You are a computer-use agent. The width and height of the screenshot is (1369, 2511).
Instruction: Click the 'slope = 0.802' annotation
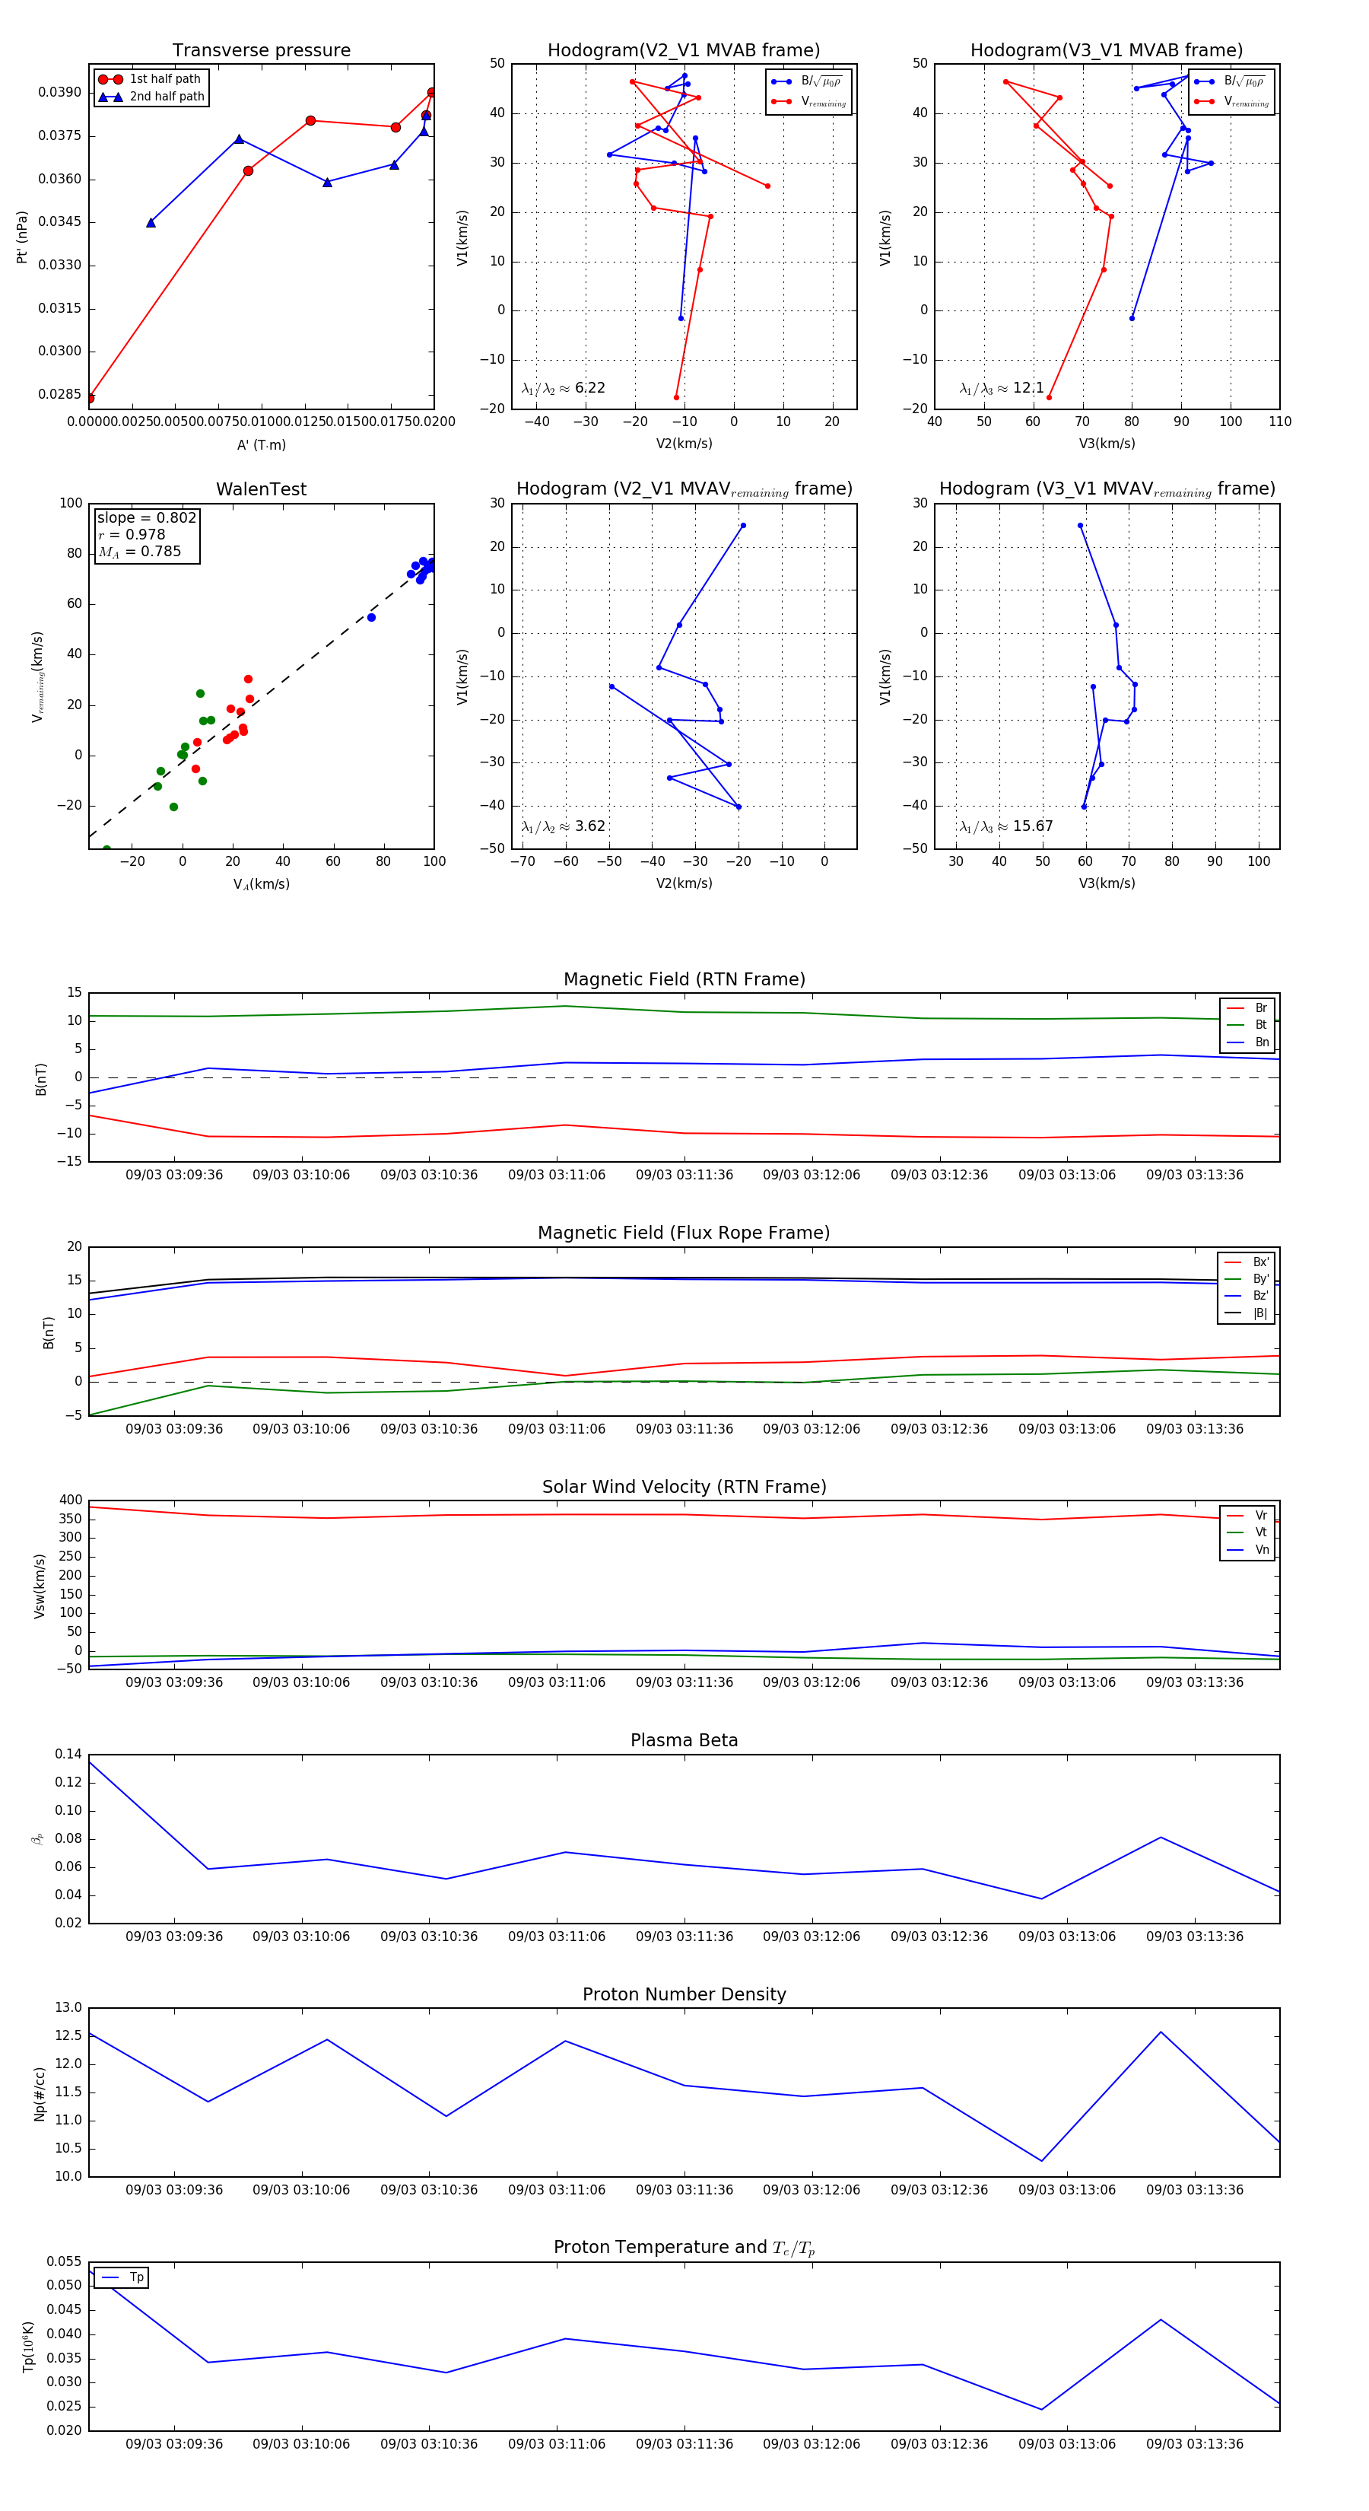pos(146,517)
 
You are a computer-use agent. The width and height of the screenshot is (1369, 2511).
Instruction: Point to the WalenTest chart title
pos(261,489)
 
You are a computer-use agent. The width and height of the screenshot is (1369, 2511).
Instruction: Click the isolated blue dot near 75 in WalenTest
pos(371,617)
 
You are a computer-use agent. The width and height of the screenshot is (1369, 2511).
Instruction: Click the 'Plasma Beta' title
pos(684,1741)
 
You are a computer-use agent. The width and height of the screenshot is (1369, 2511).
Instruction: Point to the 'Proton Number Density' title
pos(684,1994)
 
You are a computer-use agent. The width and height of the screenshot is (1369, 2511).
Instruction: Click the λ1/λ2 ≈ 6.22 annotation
pos(563,388)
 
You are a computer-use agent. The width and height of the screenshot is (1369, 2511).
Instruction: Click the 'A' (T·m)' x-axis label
pos(261,444)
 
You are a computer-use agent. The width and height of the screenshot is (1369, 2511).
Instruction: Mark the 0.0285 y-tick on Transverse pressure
pos(59,395)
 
